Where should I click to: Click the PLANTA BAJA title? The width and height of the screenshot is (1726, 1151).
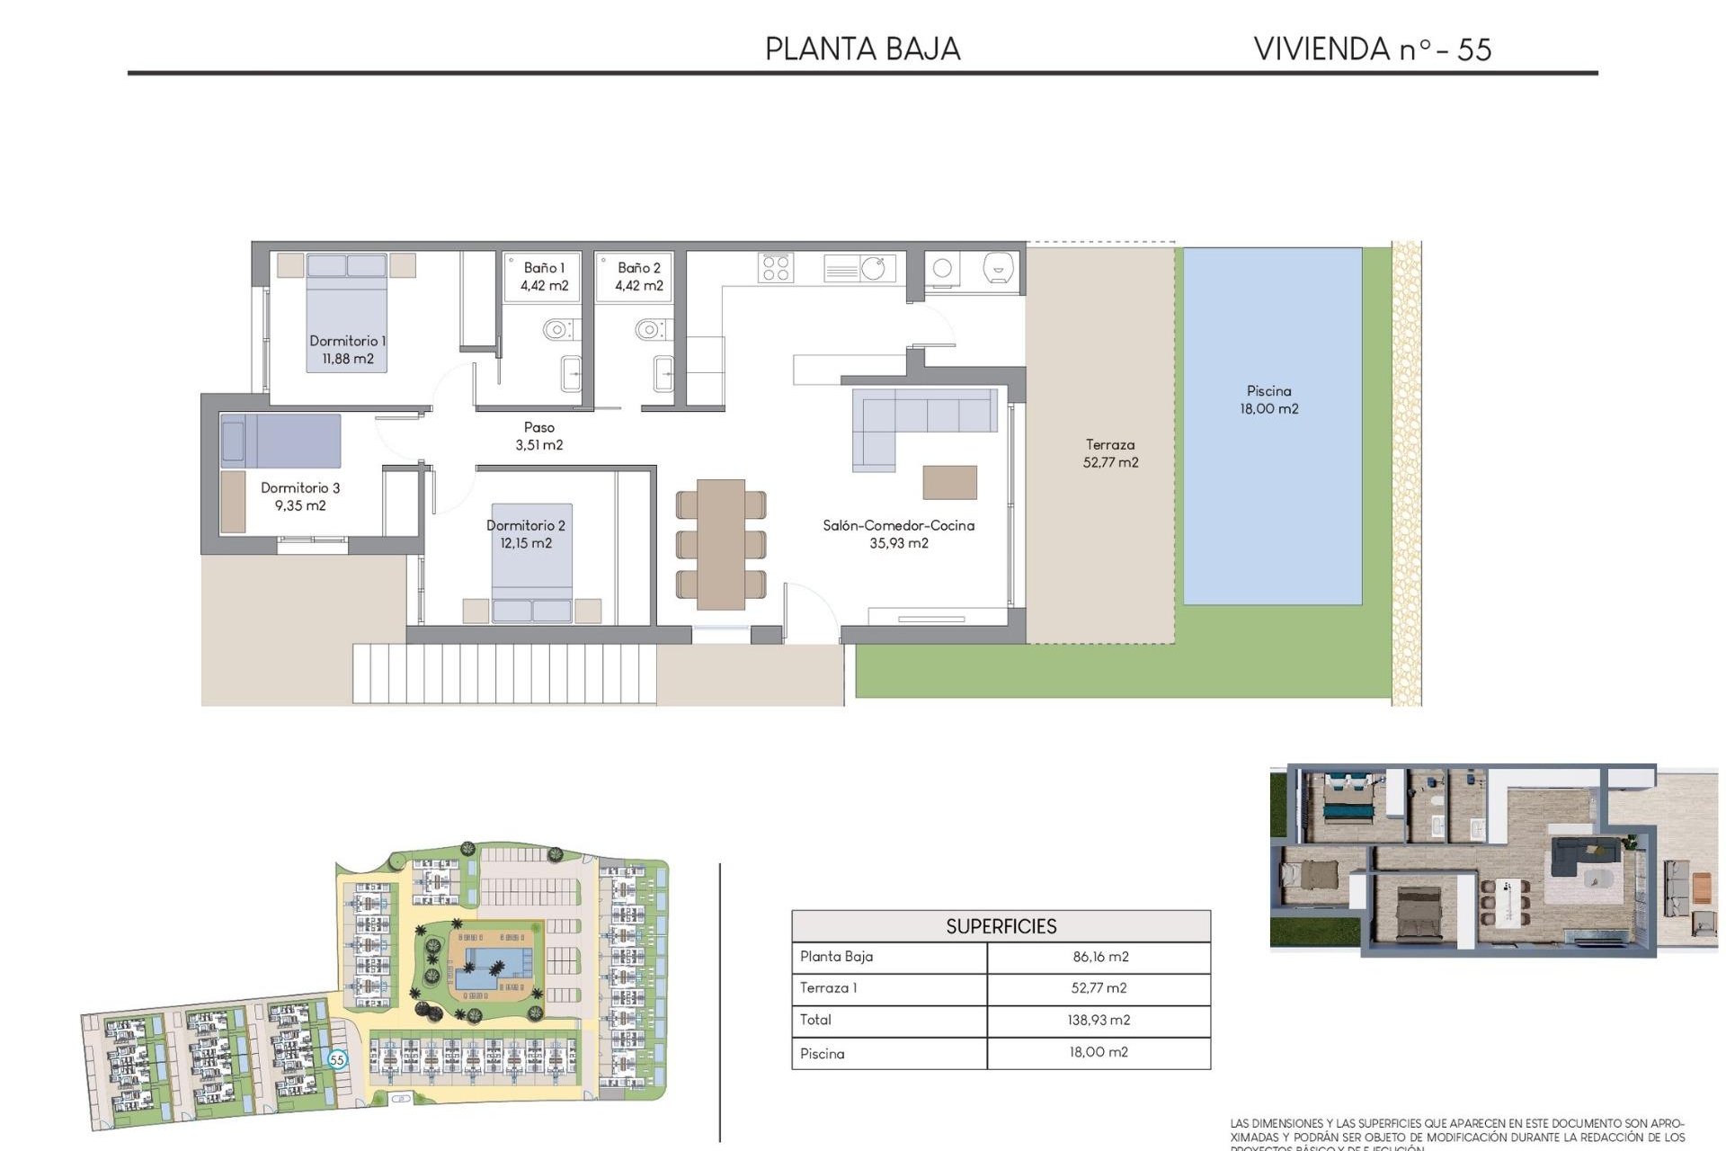click(x=862, y=49)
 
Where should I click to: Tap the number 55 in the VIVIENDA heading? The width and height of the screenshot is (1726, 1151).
click(x=1474, y=49)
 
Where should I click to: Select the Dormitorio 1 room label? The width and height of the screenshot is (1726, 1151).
click(x=347, y=350)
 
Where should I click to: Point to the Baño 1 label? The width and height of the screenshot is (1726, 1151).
click(x=544, y=276)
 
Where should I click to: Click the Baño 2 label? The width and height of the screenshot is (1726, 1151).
click(x=638, y=276)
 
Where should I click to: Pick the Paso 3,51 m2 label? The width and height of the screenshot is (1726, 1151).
click(x=539, y=436)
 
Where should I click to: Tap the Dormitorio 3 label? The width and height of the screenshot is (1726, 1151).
click(x=300, y=496)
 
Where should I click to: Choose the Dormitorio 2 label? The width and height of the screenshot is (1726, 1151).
click(x=526, y=534)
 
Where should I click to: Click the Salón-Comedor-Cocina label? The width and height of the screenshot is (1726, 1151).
click(x=898, y=534)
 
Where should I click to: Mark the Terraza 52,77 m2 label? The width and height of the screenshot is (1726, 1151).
click(x=1110, y=453)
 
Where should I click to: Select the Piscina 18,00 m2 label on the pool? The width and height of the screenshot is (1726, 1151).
click(x=1268, y=399)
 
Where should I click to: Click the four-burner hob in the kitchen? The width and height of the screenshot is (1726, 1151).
click(x=776, y=267)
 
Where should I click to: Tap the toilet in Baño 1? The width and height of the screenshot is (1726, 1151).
click(x=557, y=330)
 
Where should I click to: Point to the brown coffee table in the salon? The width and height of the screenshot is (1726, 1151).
click(x=949, y=482)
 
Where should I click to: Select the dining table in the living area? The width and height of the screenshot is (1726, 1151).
click(x=720, y=544)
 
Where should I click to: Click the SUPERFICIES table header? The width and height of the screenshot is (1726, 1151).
click(x=1001, y=926)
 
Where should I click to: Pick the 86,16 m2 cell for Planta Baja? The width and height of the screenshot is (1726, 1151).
click(x=1099, y=957)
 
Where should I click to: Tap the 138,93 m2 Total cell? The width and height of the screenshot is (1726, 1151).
click(x=1099, y=1020)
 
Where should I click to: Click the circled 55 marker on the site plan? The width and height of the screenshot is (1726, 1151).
click(x=337, y=1059)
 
